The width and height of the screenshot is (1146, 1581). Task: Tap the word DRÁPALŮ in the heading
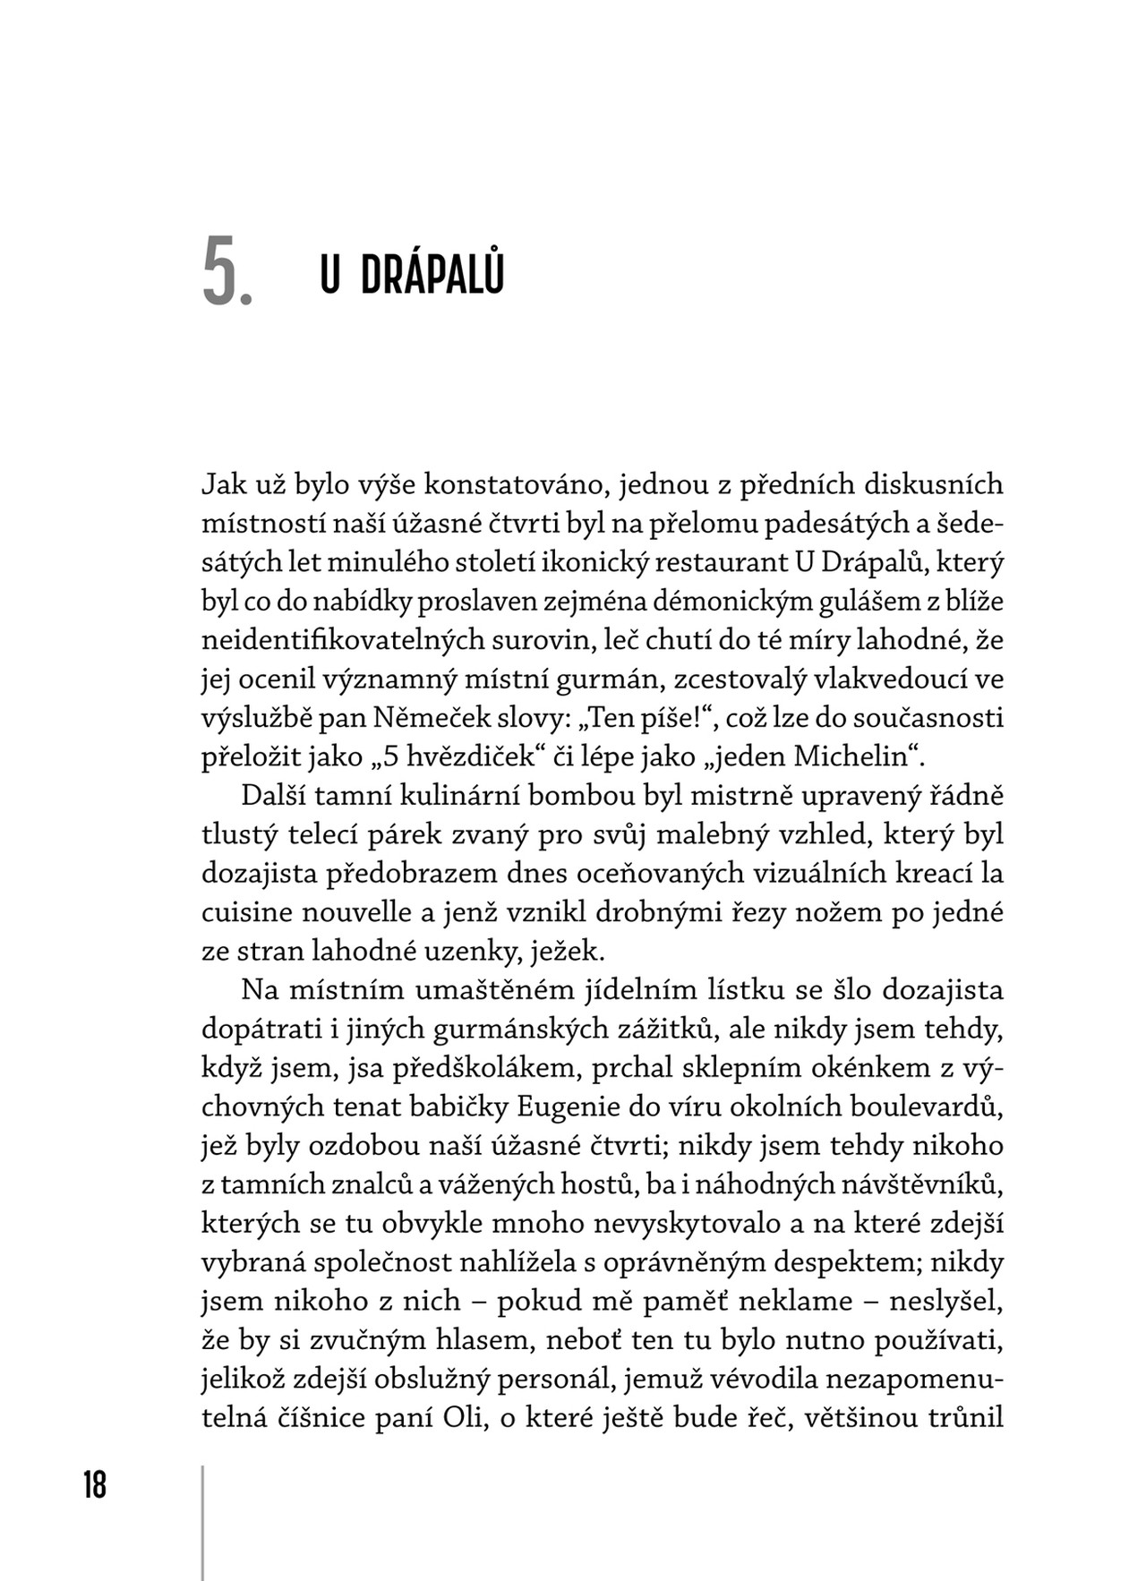(x=432, y=275)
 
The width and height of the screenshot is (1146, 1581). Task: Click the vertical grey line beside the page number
(x=203, y=1522)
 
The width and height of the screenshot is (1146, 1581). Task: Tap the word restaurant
(x=721, y=563)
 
